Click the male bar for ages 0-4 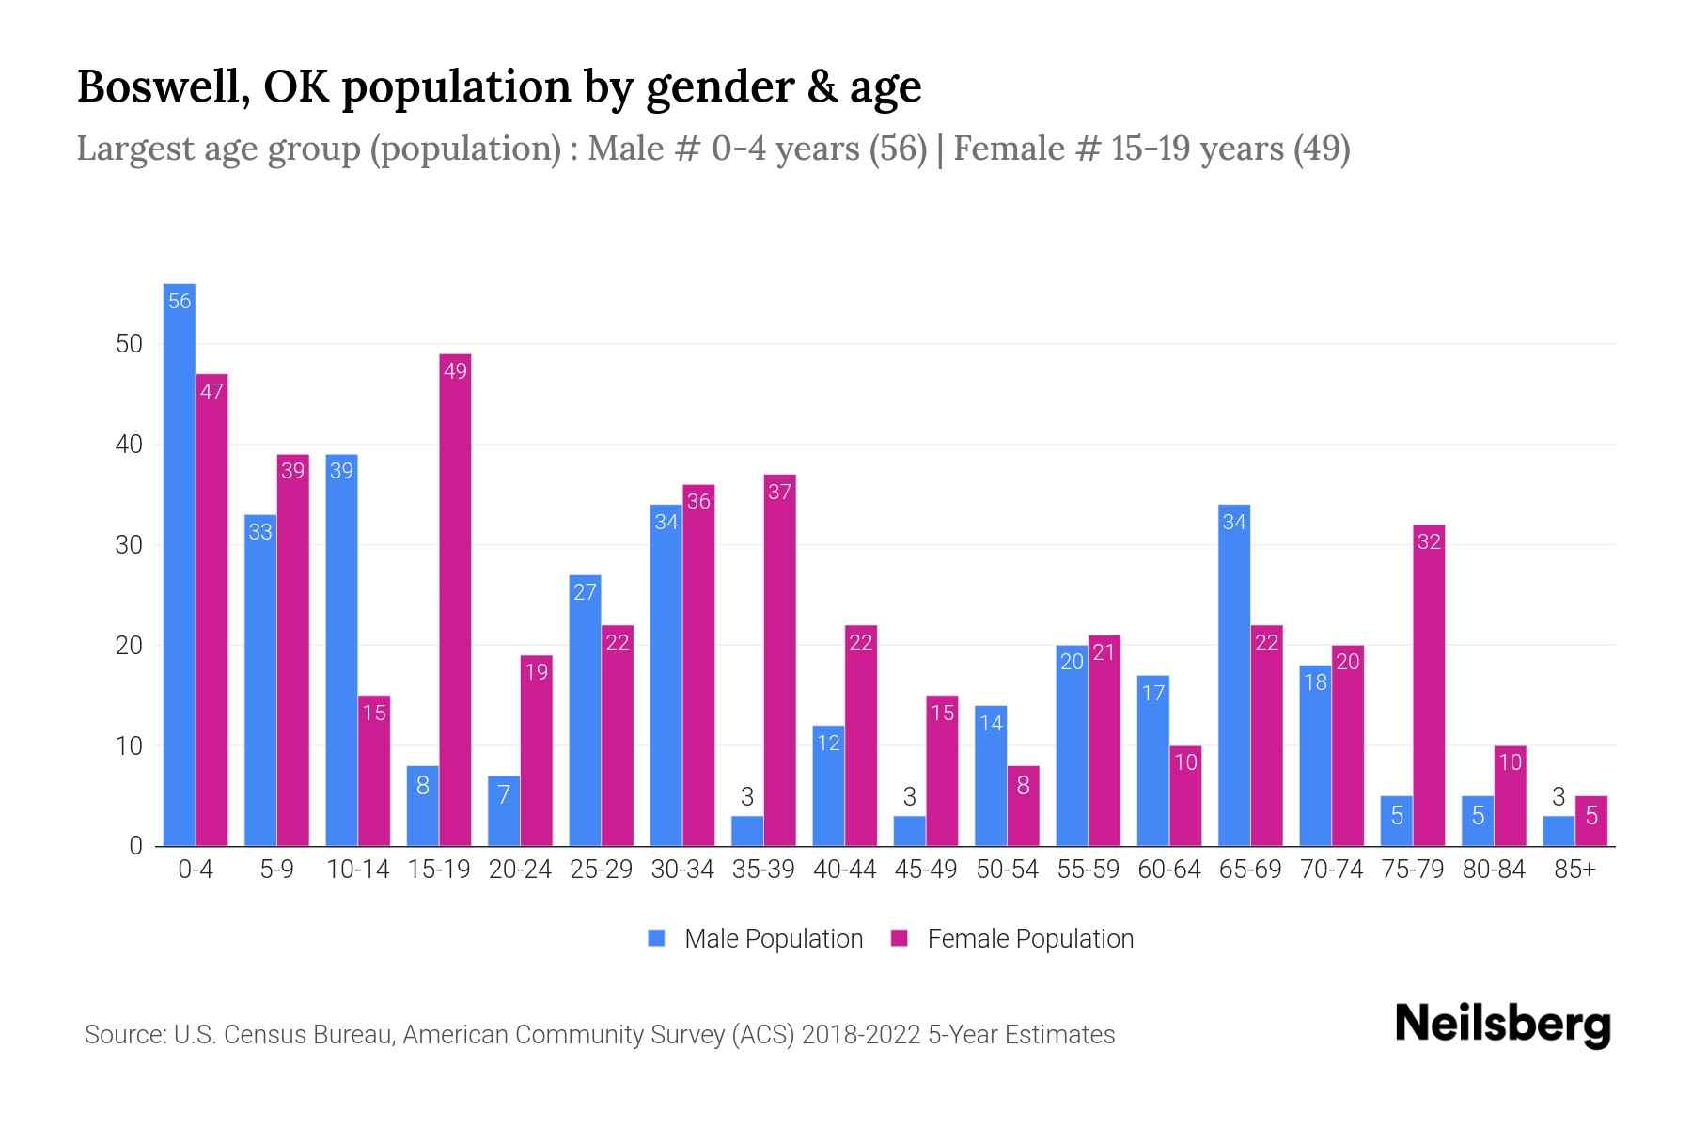(x=179, y=564)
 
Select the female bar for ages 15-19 (x=455, y=602)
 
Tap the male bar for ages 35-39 (x=747, y=831)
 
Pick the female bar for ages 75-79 (x=1429, y=686)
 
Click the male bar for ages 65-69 (x=1234, y=677)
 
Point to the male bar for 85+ (x=1559, y=831)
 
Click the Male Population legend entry (x=757, y=938)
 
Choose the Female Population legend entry (x=1013, y=938)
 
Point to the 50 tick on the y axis (x=129, y=344)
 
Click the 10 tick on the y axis (x=129, y=746)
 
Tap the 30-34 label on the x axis (x=682, y=869)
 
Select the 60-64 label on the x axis (x=1169, y=869)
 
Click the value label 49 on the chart (x=455, y=371)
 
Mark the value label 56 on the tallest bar (x=180, y=301)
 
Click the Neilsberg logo (x=1502, y=1025)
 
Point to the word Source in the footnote (x=124, y=1035)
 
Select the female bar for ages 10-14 (x=374, y=771)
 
